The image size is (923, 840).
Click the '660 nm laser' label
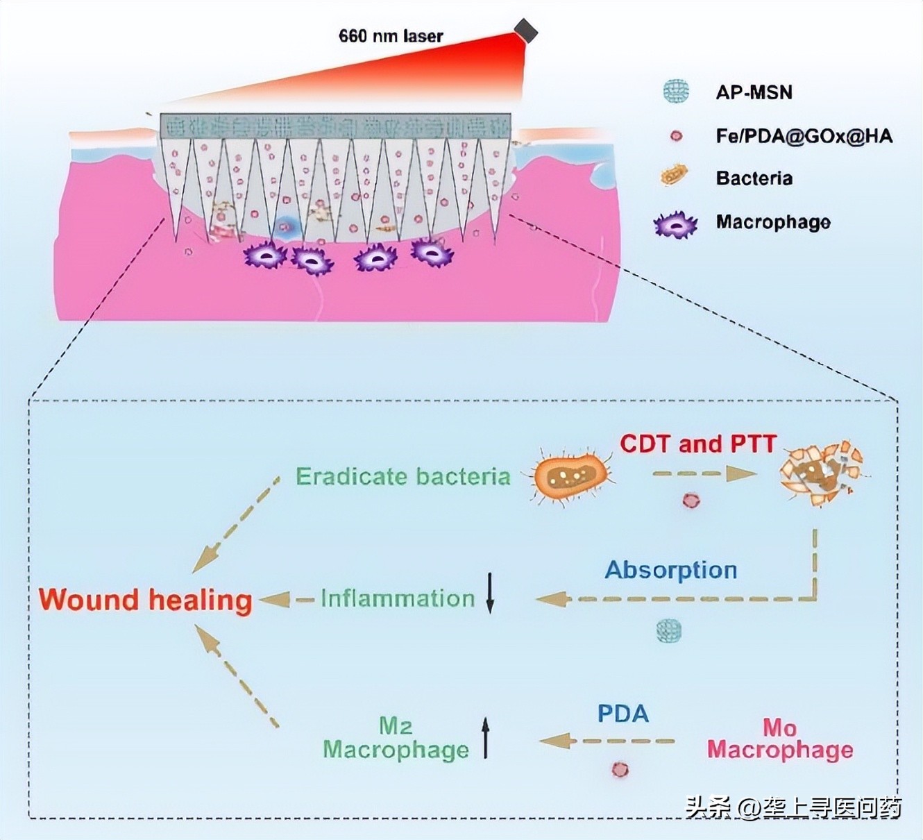[390, 36]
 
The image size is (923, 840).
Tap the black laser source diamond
[525, 31]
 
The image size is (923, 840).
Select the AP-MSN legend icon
[675, 92]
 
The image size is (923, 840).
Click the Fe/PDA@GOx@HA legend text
[804, 136]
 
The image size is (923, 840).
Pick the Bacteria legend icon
[674, 176]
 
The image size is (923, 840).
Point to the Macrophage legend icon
[675, 224]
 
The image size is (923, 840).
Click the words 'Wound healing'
[145, 600]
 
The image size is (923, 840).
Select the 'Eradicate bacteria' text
[403, 476]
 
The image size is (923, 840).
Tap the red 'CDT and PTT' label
[697, 444]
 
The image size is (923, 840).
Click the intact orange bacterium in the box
[570, 476]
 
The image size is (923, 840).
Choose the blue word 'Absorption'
[670, 570]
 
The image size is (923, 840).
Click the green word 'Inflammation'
[398, 598]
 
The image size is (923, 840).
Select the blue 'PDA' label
[623, 714]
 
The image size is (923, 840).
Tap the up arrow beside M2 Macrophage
[486, 737]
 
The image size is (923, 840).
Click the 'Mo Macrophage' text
[780, 739]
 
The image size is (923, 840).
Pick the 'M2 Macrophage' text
[396, 738]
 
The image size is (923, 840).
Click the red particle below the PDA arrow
[620, 769]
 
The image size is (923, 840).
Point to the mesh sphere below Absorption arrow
[668, 630]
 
